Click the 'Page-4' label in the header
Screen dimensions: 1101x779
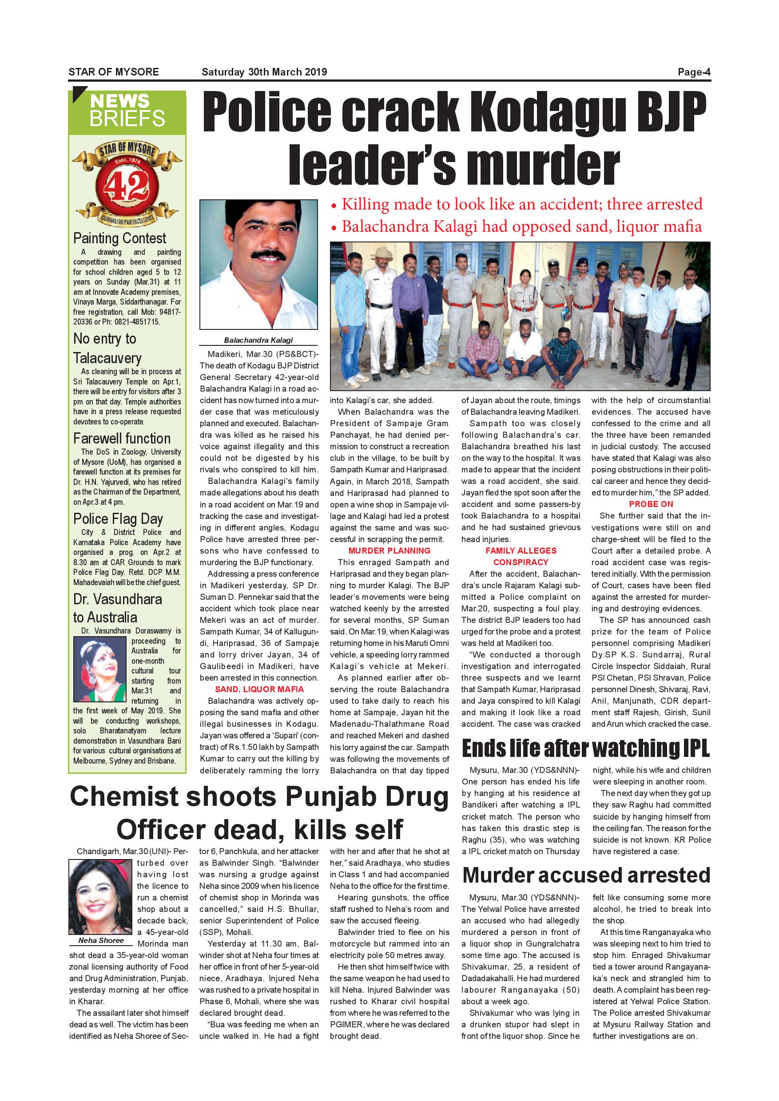click(x=694, y=72)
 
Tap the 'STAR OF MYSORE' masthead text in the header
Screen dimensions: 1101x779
click(x=114, y=72)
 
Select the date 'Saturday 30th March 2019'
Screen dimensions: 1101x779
click(x=264, y=72)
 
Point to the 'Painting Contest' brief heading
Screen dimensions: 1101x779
click(x=119, y=238)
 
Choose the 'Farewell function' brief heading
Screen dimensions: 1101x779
click(x=122, y=438)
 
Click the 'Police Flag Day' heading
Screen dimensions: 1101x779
click(x=118, y=519)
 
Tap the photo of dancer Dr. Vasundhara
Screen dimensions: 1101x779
click(x=100, y=669)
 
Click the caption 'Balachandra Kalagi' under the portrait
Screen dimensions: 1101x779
click(x=258, y=340)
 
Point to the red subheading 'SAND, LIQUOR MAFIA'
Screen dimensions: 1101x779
click(x=259, y=689)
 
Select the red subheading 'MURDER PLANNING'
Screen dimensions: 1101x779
click(x=389, y=550)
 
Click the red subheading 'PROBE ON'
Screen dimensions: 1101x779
click(x=651, y=504)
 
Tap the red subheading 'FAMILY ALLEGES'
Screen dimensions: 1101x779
click(x=521, y=550)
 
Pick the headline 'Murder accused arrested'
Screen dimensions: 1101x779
click(x=586, y=875)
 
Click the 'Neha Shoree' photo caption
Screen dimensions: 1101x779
click(x=101, y=940)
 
